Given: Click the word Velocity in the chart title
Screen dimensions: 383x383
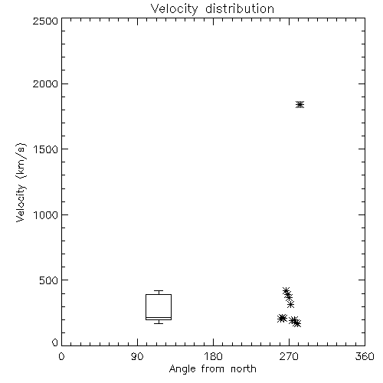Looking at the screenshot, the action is [175, 9].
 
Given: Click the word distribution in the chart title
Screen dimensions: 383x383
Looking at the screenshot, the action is [240, 8].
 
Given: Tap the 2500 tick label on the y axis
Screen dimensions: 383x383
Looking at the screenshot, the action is [45, 21].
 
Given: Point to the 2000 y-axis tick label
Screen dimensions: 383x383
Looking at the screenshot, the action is [45, 83].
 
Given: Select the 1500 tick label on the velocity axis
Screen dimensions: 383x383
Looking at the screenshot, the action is [46, 149].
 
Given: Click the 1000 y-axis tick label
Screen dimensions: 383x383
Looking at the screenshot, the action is [46, 214].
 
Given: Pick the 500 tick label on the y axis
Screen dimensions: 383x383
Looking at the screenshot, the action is [49, 280].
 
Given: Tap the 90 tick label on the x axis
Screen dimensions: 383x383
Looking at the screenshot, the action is [137, 356].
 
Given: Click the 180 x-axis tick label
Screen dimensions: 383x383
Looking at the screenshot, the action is [213, 356].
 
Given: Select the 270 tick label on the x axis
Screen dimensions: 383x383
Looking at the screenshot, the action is [289, 356].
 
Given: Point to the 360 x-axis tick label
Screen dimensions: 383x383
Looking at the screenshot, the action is [365, 356].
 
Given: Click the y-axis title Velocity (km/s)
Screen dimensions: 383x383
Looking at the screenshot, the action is [21, 182].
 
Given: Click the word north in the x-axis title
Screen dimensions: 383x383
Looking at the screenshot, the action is [244, 369].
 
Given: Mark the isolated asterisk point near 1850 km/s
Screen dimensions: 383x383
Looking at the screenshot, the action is [300, 105].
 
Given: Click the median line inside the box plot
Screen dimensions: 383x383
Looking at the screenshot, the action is [159, 317].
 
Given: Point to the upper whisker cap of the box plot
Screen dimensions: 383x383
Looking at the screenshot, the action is [159, 291].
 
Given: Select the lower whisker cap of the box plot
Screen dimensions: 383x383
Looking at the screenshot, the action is [159, 323].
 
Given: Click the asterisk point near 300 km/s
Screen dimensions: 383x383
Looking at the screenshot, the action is [290, 304].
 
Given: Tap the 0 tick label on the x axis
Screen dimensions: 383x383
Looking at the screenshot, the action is [61, 356].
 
